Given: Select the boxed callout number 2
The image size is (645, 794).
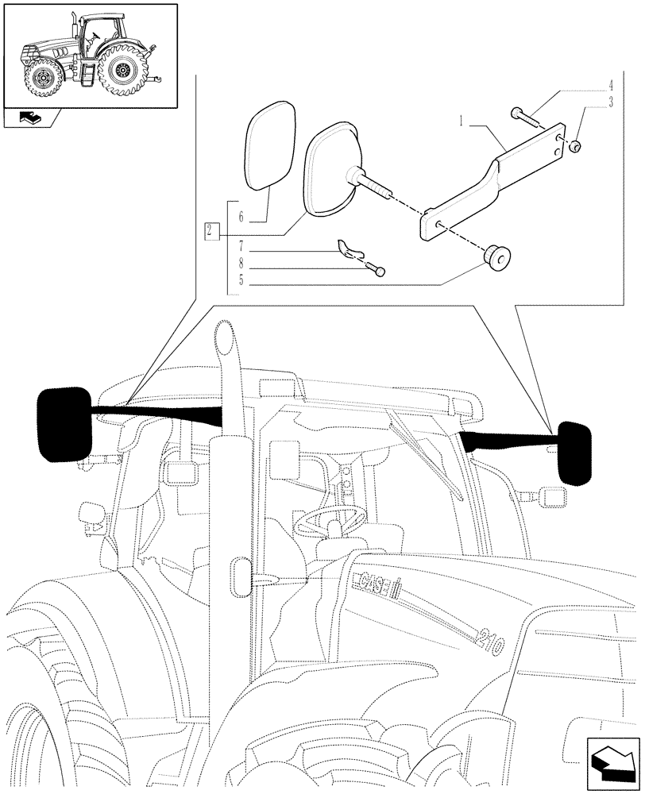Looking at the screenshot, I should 208,232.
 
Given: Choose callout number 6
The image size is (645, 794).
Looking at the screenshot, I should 238,215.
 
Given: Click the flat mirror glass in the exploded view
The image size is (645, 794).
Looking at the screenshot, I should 268,143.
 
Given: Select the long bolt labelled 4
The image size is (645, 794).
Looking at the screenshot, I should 525,119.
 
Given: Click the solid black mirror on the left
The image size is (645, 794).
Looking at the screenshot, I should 64,425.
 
